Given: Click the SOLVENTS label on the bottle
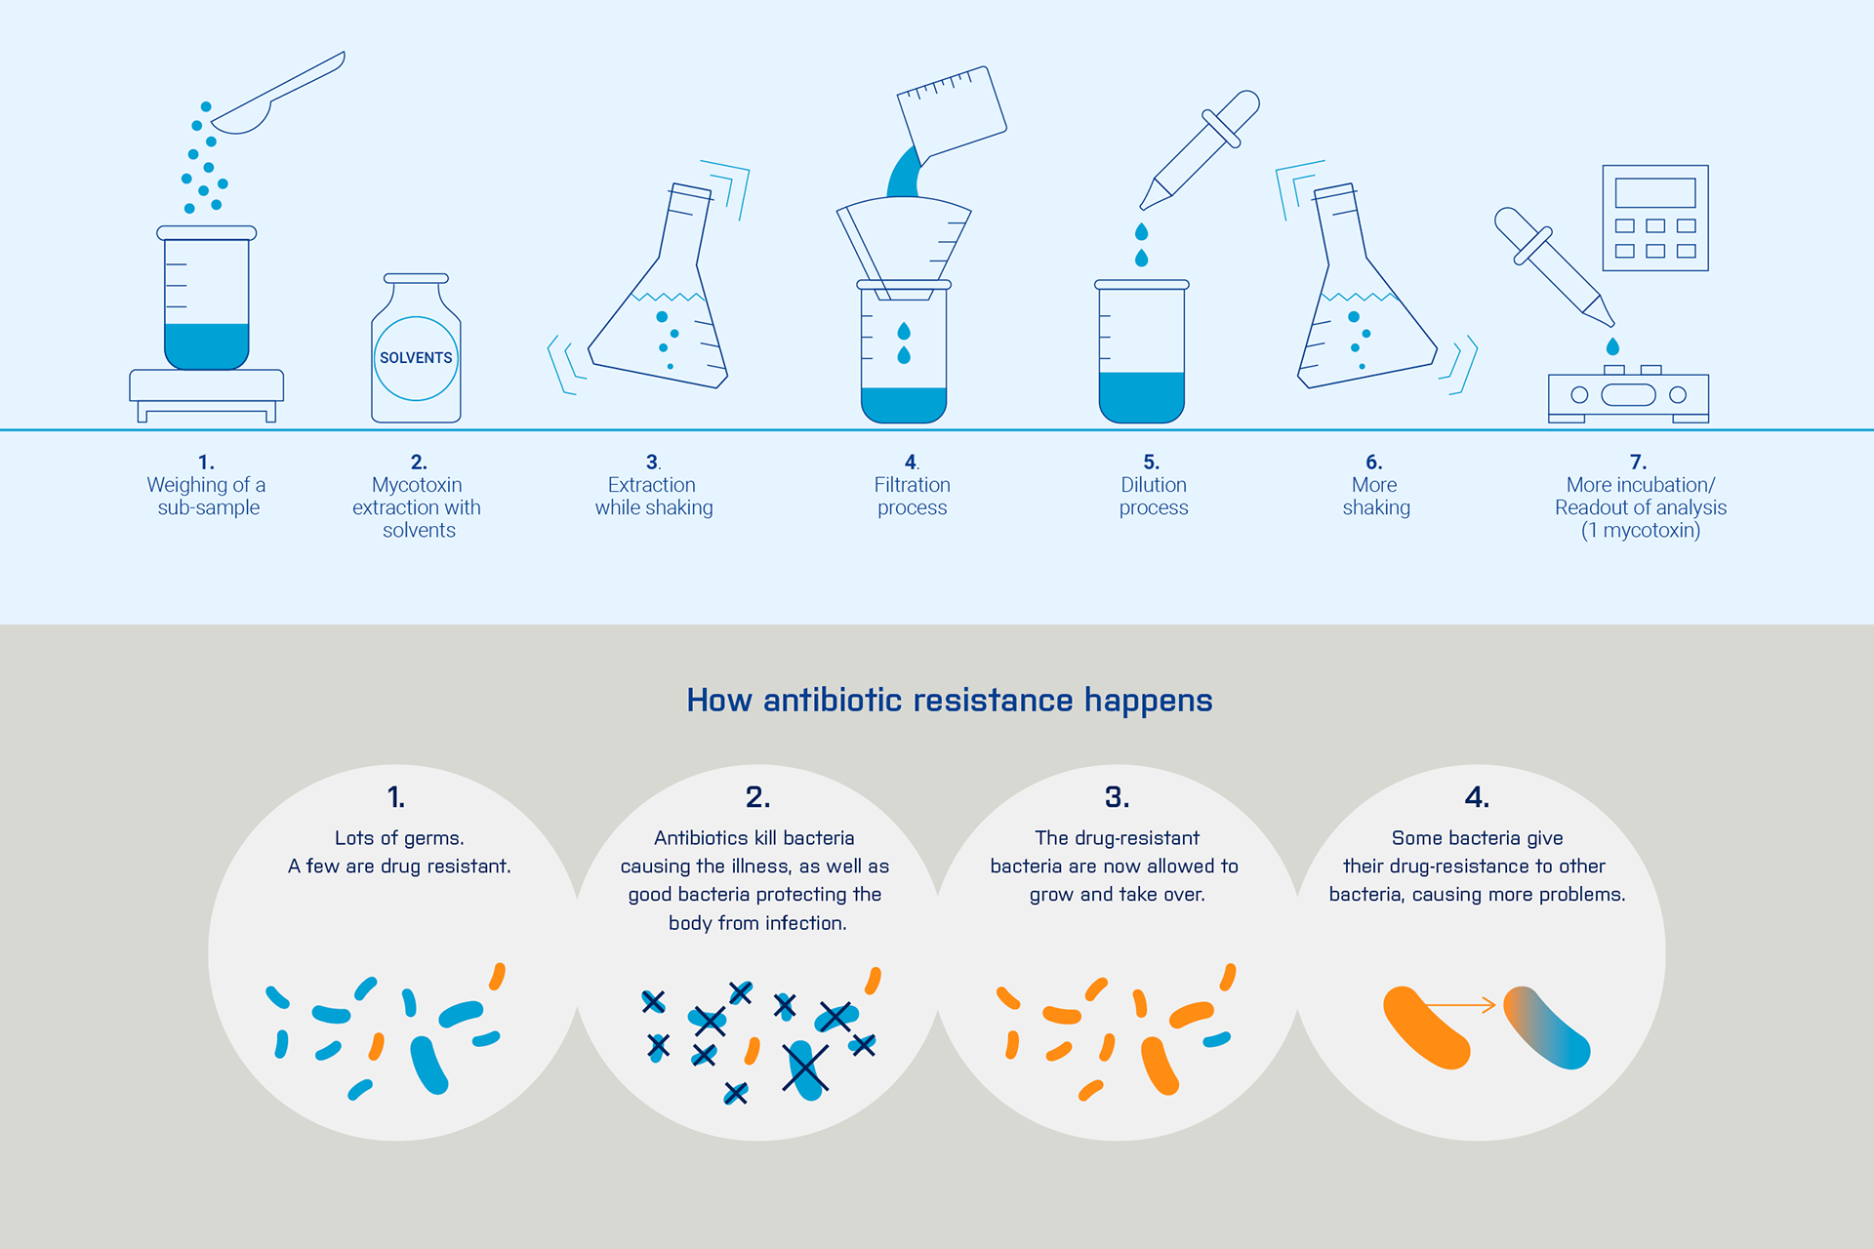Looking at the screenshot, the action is (x=416, y=358).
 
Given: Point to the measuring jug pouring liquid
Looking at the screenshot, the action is (x=952, y=112).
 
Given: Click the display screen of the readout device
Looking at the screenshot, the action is (x=1655, y=192).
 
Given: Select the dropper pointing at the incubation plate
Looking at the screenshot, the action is (x=1554, y=266).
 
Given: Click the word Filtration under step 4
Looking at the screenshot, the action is (x=913, y=485).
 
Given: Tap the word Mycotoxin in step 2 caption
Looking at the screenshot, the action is (x=417, y=485).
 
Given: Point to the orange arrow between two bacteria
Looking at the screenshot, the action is (x=1461, y=1005).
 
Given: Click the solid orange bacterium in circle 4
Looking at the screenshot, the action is (x=1426, y=1027).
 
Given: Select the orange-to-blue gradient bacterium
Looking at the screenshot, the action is (x=1547, y=1027).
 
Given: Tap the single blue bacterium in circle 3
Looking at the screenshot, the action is (x=1217, y=1040).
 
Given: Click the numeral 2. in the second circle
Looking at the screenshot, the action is (x=758, y=797).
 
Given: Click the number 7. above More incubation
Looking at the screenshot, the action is (x=1639, y=462).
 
